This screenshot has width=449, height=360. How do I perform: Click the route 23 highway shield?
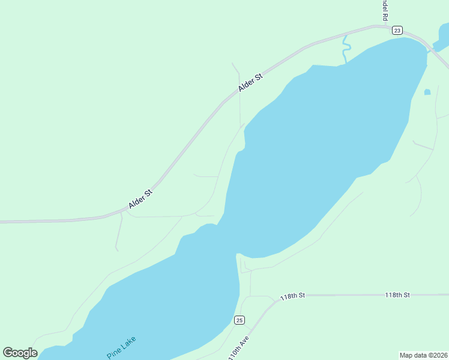pyautogui.click(x=397, y=31)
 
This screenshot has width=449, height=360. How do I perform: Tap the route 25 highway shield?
pyautogui.click(x=239, y=320)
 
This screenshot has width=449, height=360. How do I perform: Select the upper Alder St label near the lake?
pyautogui.click(x=250, y=83)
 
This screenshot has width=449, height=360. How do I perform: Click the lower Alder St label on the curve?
pyautogui.click(x=141, y=199)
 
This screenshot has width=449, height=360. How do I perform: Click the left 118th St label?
pyautogui.click(x=293, y=295)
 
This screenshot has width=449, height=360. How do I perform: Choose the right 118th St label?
pyautogui.click(x=397, y=295)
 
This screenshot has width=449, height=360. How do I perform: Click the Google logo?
pyautogui.click(x=20, y=353)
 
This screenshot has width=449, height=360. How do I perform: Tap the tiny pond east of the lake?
pyautogui.click(x=427, y=92)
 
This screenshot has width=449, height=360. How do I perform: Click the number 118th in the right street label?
pyautogui.click(x=393, y=295)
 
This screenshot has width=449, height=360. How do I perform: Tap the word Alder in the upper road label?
pyautogui.click(x=246, y=86)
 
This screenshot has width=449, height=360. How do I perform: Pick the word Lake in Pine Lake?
pyautogui.click(x=128, y=343)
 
